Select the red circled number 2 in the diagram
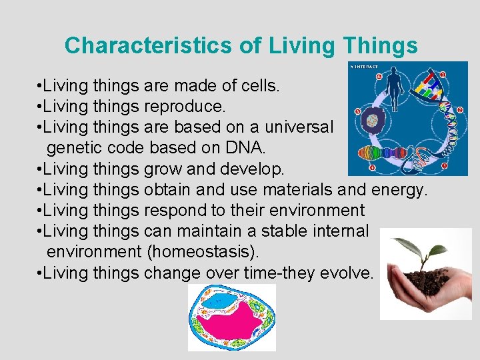click(460, 109)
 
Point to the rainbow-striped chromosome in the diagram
click(377, 152)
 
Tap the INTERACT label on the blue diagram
click(365, 67)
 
